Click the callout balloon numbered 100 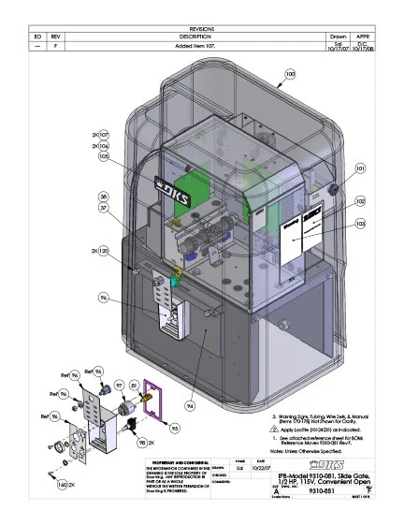pyautogui.click(x=290, y=73)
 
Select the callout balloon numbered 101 pyautogui.click(x=360, y=169)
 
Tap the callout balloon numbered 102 pyautogui.click(x=360, y=201)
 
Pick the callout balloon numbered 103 pyautogui.click(x=360, y=224)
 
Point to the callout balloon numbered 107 pyautogui.click(x=103, y=135)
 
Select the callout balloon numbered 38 pyautogui.click(x=103, y=197)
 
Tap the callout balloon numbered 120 pyautogui.click(x=103, y=252)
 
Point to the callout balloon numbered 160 pyautogui.click(x=62, y=485)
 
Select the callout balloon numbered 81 pyautogui.click(x=134, y=386)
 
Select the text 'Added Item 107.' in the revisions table pyautogui.click(x=201, y=45)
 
